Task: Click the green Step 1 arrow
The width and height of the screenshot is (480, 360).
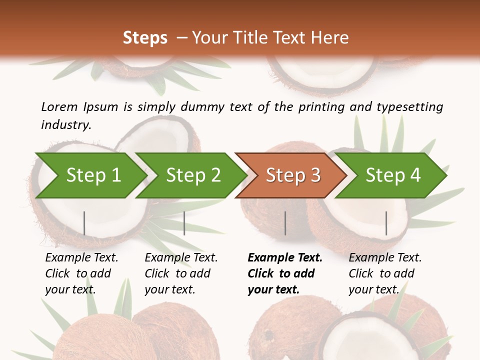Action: [x=93, y=175]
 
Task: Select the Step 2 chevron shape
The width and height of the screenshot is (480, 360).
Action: [x=193, y=175]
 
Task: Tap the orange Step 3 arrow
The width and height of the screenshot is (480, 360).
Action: [x=293, y=175]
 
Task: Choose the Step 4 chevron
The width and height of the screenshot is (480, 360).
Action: [x=393, y=175]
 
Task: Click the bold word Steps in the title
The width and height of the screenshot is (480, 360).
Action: [x=145, y=37]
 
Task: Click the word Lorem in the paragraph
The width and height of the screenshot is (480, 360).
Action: [x=59, y=106]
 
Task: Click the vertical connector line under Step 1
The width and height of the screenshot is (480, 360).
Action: [x=84, y=223]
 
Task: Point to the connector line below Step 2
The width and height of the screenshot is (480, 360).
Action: [x=184, y=223]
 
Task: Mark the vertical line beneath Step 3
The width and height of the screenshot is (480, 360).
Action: [x=285, y=223]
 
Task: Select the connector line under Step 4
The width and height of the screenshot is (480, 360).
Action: [x=386, y=223]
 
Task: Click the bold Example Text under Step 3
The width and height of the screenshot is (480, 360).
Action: [x=285, y=258]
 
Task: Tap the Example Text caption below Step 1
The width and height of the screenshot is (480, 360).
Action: [x=81, y=258]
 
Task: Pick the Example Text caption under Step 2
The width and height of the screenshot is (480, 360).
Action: [x=181, y=258]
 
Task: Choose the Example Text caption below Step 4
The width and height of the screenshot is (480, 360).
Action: [x=385, y=258]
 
